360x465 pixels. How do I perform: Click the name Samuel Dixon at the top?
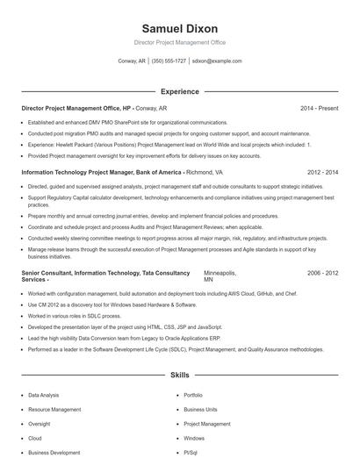coord(179,28)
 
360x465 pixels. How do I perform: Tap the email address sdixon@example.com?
coord(216,61)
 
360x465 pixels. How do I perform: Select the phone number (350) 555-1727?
coord(169,61)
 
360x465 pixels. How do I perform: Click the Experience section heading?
coord(179,91)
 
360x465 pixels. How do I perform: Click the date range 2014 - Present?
coord(319,108)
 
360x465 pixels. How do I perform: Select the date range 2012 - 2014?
coord(322,173)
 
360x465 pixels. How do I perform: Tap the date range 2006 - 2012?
coord(322,273)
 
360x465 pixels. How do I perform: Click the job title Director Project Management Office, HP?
coord(76,108)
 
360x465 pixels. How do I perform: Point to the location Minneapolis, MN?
coord(220,276)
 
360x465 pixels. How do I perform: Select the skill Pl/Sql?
coord(191,452)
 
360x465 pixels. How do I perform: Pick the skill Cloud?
coord(35,438)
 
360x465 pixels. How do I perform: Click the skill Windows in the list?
coord(194,438)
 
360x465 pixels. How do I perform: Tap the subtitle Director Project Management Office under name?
coord(179,42)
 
